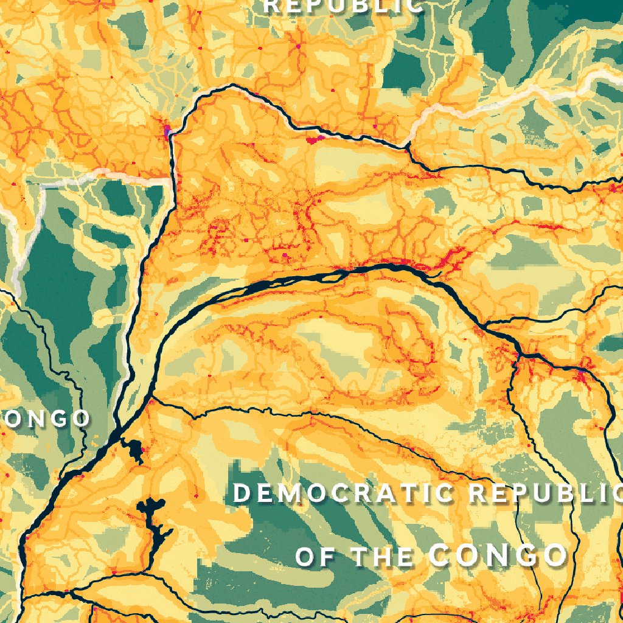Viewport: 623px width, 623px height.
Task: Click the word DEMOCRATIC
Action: [x=344, y=493]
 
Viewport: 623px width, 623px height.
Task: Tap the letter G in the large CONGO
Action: [x=524, y=555]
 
